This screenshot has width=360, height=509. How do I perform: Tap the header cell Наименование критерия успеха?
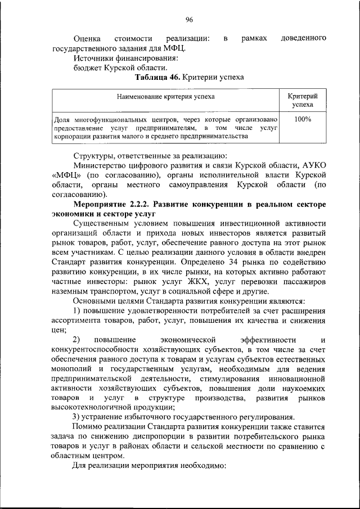tap(165, 97)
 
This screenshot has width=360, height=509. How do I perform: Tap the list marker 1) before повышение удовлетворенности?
tap(78, 310)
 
